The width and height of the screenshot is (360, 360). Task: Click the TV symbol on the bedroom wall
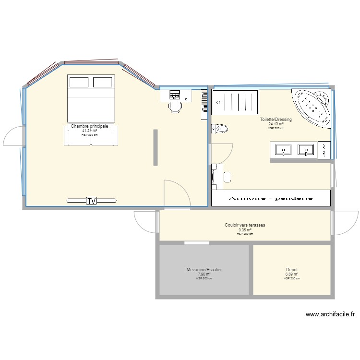tap(91, 201)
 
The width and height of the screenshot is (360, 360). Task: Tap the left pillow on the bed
tap(78, 82)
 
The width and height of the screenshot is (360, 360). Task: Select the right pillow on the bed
tap(102, 82)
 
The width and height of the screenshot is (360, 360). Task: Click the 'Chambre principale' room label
tap(90, 126)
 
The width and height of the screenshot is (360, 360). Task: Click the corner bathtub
tap(313, 105)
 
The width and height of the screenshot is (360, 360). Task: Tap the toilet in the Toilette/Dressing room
tap(221, 129)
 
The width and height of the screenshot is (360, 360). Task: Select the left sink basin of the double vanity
tap(283, 150)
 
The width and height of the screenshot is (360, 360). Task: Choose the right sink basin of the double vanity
tap(305, 150)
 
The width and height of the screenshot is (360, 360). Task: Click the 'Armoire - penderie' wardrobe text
tap(271, 198)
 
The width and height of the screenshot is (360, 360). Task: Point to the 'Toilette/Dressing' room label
tap(276, 120)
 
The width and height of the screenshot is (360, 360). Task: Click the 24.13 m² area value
tap(276, 124)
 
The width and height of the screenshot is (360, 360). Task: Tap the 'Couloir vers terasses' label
tap(245, 225)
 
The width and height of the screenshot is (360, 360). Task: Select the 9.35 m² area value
tap(245, 230)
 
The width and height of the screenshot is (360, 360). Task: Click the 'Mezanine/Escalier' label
tap(204, 270)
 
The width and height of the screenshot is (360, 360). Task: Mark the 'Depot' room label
tap(291, 270)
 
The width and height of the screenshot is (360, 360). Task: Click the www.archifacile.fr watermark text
tap(330, 315)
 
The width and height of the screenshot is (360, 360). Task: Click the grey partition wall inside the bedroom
tap(155, 147)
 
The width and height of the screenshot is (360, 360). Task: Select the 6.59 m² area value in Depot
tap(291, 275)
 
